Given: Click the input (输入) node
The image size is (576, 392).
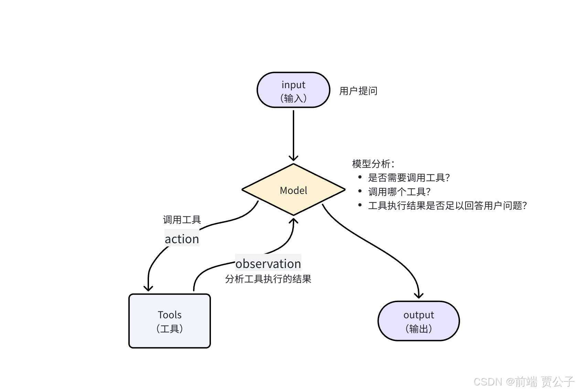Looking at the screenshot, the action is coord(294,90).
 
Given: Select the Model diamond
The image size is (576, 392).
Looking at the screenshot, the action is coord(294,190).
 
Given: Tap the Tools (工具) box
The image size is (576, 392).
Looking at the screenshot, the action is coord(170,321).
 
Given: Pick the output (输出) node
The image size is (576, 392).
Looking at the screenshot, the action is coord(419,321).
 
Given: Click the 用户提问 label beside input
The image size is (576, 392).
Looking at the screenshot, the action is coord(358,91).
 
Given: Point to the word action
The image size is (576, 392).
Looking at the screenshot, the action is coord(182,239).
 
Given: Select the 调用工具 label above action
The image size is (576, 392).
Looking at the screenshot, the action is coord(182,220).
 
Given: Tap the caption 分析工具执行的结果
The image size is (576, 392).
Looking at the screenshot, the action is coord(268,279).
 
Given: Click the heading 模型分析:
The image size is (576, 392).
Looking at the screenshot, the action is coord(373,164).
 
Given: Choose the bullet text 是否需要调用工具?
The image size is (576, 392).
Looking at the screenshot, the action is coord(409,178).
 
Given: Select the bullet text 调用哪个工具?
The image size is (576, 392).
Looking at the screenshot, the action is coord(399,192).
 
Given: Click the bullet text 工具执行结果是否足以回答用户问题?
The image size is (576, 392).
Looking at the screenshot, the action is coord(447,206).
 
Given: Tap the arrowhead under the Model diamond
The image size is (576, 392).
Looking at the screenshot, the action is coord(294,221).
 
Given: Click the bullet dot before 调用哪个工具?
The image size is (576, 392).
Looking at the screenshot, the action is coord(360,191).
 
